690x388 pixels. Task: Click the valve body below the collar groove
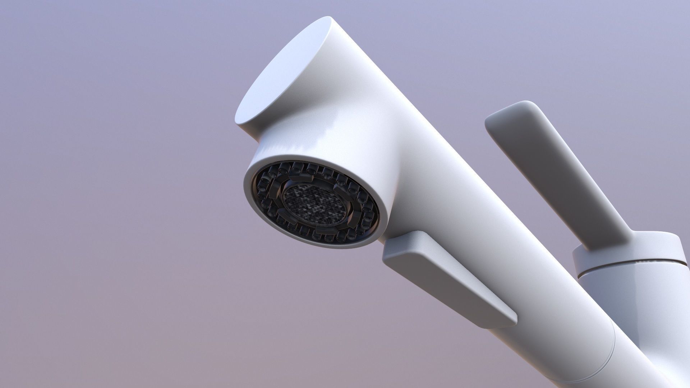point(647,305)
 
